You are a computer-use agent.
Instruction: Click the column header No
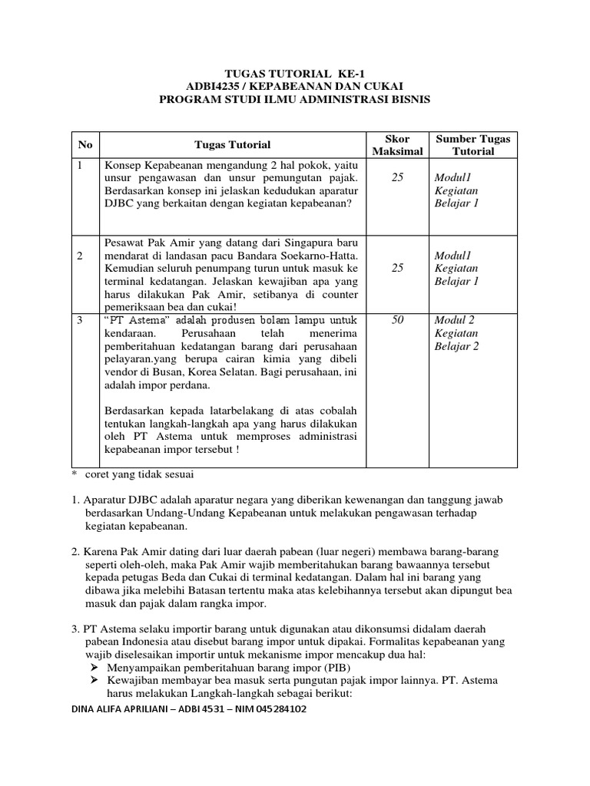(x=85, y=144)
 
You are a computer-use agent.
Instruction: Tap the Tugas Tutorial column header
(x=232, y=144)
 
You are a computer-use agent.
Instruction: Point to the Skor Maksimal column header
(x=397, y=145)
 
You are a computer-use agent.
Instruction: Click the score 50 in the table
(x=397, y=320)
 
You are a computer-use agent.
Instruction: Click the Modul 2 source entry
(x=454, y=320)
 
